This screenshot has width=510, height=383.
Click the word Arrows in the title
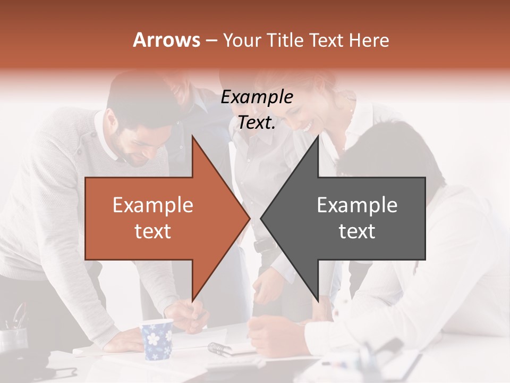coord(167,40)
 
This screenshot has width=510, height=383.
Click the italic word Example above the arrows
coord(257,97)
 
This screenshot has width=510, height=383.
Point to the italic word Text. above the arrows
coord(257,122)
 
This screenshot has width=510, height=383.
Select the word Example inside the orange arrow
coord(153,205)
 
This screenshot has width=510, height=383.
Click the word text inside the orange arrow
coord(153,231)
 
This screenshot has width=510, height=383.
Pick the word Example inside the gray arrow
coord(357,205)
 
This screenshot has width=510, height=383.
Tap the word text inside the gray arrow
coord(357,231)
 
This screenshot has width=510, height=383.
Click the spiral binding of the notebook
coord(219,349)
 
